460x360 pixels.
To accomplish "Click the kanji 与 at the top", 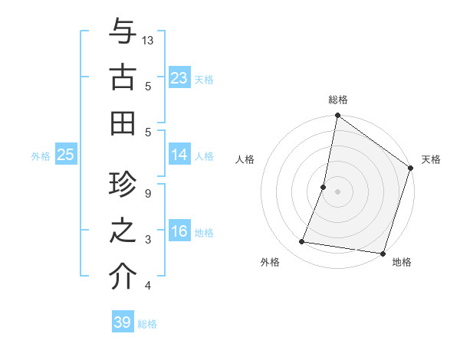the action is (x=123, y=32).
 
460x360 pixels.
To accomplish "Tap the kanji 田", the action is (x=123, y=122).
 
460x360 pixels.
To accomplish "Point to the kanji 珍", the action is (x=123, y=186).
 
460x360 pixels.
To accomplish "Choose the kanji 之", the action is (x=123, y=231).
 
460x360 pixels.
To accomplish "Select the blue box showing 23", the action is (x=179, y=78).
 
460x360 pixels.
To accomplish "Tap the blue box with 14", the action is (x=179, y=155).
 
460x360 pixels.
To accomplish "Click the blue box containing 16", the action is (x=179, y=231).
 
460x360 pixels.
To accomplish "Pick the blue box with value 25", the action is (x=66, y=155).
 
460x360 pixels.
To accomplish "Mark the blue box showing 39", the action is (x=123, y=322).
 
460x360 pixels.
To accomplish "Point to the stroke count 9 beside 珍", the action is (x=148, y=193).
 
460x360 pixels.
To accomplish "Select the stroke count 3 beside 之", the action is (x=148, y=239).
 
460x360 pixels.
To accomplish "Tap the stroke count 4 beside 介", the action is (x=148, y=286).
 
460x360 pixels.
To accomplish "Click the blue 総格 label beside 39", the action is (x=147, y=324).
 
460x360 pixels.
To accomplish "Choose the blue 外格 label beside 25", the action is (x=41, y=156).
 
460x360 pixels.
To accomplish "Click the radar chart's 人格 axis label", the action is (x=245, y=159).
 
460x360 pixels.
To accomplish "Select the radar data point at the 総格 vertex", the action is (x=337, y=116).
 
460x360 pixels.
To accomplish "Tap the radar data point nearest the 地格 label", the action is (x=381, y=254).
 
